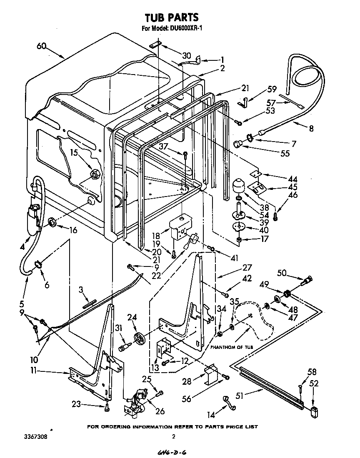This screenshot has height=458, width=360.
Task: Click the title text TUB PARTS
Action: tap(171, 17)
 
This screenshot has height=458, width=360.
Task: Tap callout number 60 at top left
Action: tap(41, 46)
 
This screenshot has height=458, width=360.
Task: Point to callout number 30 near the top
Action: tap(187, 56)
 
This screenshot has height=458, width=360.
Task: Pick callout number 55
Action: tap(285, 153)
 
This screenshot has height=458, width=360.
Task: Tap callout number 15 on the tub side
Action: tap(74, 153)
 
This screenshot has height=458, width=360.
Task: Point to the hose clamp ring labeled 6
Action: tap(37, 263)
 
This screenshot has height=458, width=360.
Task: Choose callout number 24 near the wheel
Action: tap(132, 318)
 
